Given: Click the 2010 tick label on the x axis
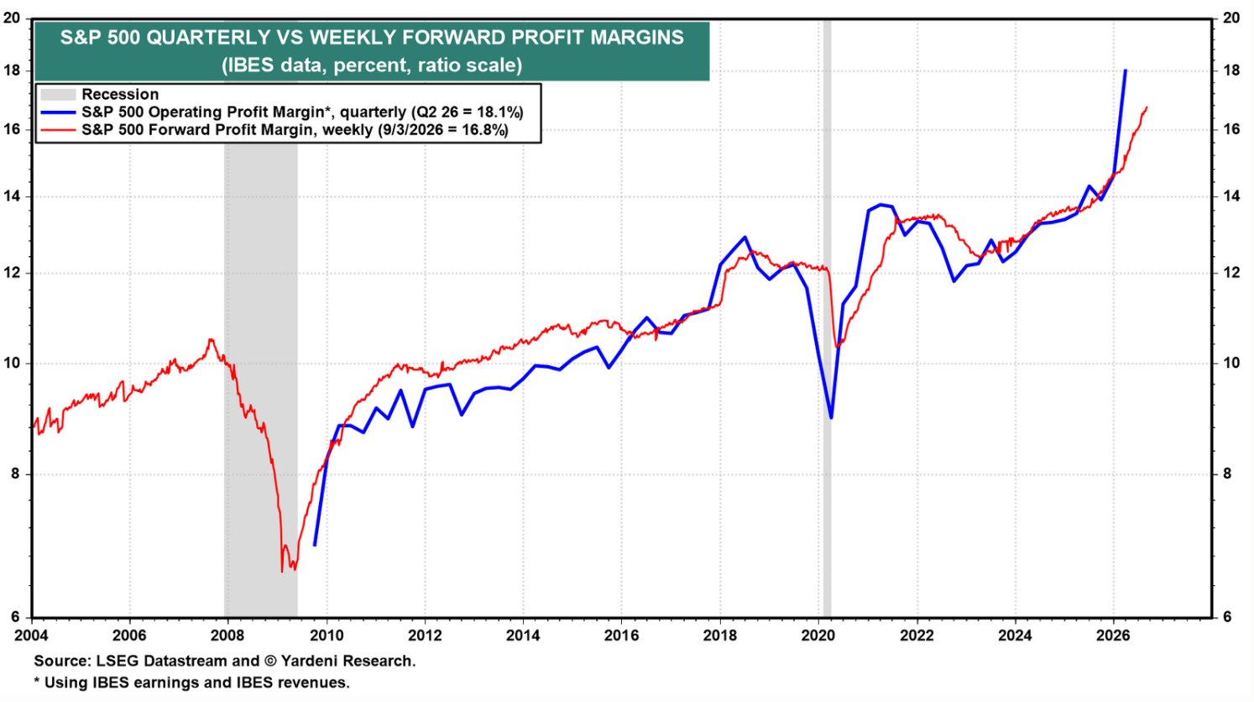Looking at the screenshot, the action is tap(327, 636).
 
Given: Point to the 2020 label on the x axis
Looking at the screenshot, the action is tap(818, 636).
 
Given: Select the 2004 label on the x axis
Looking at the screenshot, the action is tap(31, 636).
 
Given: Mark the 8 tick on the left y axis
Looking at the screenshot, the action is tap(15, 474).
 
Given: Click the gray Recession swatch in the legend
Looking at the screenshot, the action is tap(58, 94).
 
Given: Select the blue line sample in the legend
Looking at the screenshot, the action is tap(58, 112).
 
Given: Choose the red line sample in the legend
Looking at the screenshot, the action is tap(58, 130).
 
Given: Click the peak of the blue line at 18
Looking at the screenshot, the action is tap(1126, 71).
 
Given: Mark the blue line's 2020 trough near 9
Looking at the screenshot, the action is tap(831, 417).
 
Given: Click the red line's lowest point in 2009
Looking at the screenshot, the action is tap(281, 571).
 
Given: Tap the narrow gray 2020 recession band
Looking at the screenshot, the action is tap(827, 318).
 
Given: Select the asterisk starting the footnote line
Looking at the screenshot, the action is tap(37, 681).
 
